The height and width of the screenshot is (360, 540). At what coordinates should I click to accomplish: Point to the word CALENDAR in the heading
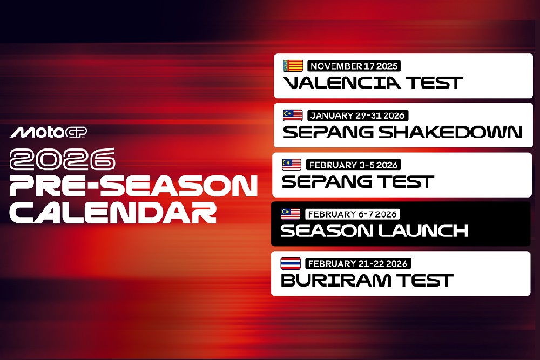click(113, 213)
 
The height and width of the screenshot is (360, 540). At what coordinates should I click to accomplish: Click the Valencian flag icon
click(293, 66)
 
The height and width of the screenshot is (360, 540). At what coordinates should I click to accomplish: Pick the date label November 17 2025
click(354, 66)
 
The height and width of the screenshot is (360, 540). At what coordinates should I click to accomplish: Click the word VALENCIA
click(342, 83)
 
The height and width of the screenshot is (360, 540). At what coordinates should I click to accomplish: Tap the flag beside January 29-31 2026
click(293, 116)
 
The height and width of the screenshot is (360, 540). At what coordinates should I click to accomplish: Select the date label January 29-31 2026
click(358, 116)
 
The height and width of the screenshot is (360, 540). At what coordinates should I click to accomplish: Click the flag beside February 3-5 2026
click(292, 165)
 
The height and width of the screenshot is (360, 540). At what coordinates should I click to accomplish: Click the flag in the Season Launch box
click(291, 214)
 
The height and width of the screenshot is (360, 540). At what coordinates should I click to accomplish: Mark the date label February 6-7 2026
click(352, 214)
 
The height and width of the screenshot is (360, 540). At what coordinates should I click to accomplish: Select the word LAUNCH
click(420, 231)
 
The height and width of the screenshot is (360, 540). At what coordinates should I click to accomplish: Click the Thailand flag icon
click(291, 263)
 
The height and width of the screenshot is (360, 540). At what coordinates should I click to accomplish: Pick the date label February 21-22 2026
click(357, 263)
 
